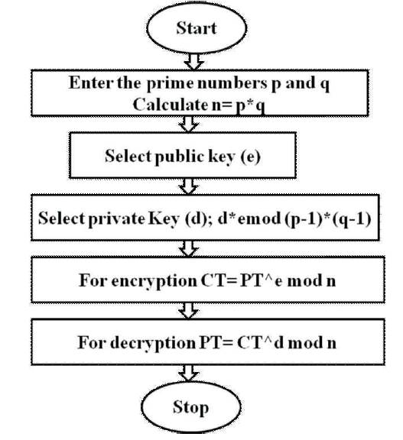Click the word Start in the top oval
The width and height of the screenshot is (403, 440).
[x=197, y=28]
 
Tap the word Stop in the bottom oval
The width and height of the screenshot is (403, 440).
[x=190, y=407]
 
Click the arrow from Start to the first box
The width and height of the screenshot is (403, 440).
[x=193, y=61]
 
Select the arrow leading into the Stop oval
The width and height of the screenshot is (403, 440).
[x=188, y=373]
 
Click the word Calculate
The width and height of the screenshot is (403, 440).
[x=171, y=105]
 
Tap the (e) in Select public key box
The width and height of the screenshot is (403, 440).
[x=251, y=157]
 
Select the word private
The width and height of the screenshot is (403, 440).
[x=116, y=218]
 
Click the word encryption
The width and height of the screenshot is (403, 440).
[x=154, y=280]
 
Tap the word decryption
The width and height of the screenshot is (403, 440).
[x=153, y=343]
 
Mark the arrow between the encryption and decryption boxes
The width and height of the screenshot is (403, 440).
[x=188, y=311]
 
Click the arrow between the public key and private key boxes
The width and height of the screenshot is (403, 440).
[x=188, y=186]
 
